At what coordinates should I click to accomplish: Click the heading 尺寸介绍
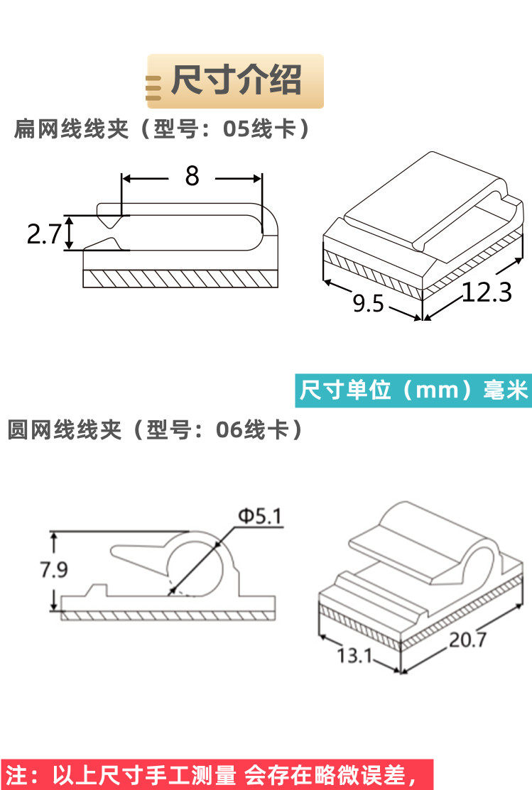coord(237,80)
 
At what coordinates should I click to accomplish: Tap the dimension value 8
coord(192,176)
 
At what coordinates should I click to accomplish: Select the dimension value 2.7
coord(44,234)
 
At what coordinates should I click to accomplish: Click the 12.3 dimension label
coord(487,292)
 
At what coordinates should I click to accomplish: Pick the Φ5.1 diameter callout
coord(259,517)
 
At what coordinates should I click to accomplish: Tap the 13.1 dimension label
coord(354,654)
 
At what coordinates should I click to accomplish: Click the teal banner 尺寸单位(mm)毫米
coord(413,390)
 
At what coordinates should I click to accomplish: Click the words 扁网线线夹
coord(71,130)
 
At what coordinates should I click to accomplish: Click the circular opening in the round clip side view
coord(193,566)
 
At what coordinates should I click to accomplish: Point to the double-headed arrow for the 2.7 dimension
coord(69,234)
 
